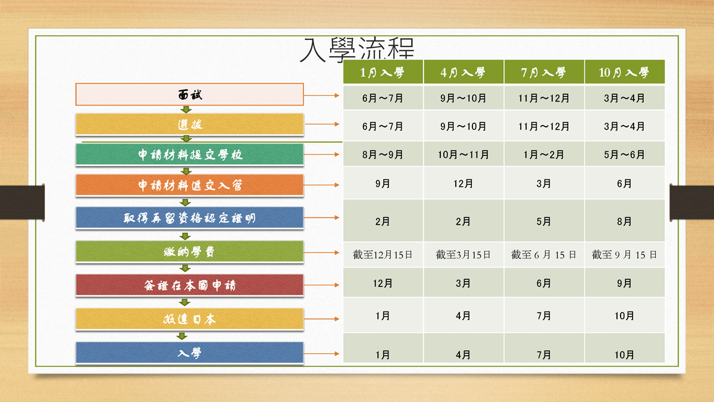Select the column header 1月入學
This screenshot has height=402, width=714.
[383, 72]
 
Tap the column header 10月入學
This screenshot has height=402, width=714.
[624, 72]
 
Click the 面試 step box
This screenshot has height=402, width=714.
[190, 95]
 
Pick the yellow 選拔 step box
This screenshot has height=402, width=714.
[190, 124]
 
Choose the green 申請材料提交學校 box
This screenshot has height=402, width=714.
[190, 154]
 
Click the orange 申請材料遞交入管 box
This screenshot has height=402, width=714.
[190, 185]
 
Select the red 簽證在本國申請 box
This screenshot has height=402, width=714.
[190, 285]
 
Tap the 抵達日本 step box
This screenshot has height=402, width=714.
[190, 319]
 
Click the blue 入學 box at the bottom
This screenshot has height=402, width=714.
[190, 353]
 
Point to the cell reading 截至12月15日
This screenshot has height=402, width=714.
[383, 255]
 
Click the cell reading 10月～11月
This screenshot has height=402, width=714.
[464, 154]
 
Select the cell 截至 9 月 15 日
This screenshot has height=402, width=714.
[624, 255]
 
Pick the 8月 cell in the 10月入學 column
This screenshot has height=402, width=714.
[624, 221]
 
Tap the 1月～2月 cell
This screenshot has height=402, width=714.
[544, 154]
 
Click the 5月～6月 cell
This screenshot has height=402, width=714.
[624, 154]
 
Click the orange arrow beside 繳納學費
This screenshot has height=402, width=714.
[321, 253]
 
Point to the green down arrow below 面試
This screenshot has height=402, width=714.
[186, 110]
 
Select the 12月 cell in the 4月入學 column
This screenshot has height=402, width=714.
[464, 183]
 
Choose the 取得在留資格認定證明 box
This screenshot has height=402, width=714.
[190, 217]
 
